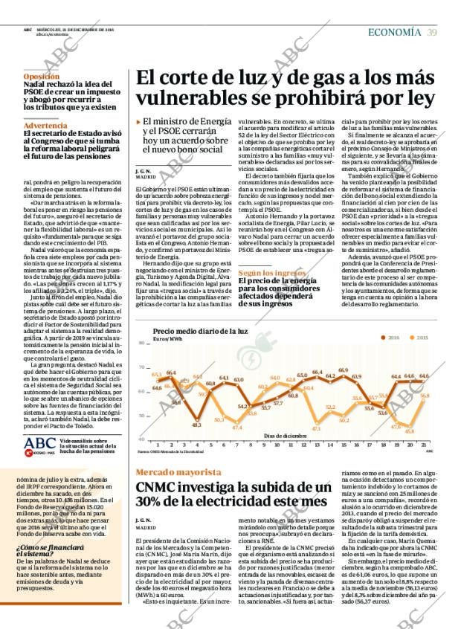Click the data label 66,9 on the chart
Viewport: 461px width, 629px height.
pos(343,370)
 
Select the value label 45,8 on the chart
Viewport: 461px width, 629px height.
pos(409,431)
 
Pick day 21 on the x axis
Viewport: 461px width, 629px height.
pos(423,444)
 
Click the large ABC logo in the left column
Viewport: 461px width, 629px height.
pos(39,443)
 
